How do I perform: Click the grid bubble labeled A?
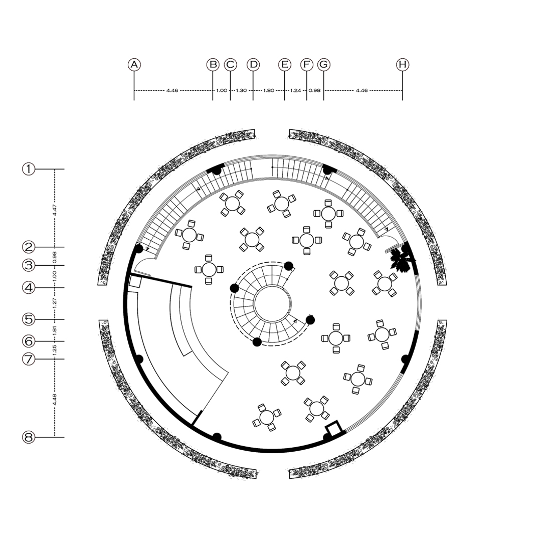[134, 65]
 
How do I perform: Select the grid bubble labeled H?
[402, 65]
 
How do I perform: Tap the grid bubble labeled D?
[253, 65]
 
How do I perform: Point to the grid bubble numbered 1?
[29, 169]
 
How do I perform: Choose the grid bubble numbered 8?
[29, 437]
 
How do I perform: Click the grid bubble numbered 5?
[29, 319]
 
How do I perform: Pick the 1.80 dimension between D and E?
[269, 91]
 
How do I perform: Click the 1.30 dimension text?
[241, 91]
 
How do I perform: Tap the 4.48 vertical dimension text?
[55, 400]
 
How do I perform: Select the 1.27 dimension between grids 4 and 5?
[55, 303]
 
